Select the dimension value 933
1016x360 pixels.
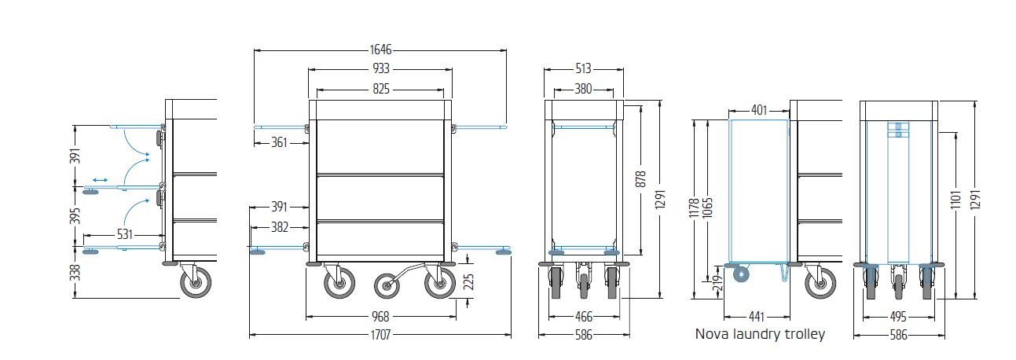[x=380, y=69]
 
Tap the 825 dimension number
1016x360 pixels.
[x=380, y=89]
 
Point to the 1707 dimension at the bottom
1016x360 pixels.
[x=380, y=334]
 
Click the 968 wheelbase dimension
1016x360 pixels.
[x=380, y=317]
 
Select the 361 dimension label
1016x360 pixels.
[x=279, y=142]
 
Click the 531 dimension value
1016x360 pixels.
[x=124, y=234]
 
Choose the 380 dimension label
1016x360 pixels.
[x=582, y=89]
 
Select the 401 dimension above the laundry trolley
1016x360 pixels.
[x=759, y=110]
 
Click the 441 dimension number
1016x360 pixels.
[x=756, y=317]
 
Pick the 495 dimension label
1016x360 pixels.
[x=900, y=317]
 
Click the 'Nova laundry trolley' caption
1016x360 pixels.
[x=760, y=334]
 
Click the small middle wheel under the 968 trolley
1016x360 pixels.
[x=387, y=285]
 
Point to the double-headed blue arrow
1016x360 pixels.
[x=100, y=180]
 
